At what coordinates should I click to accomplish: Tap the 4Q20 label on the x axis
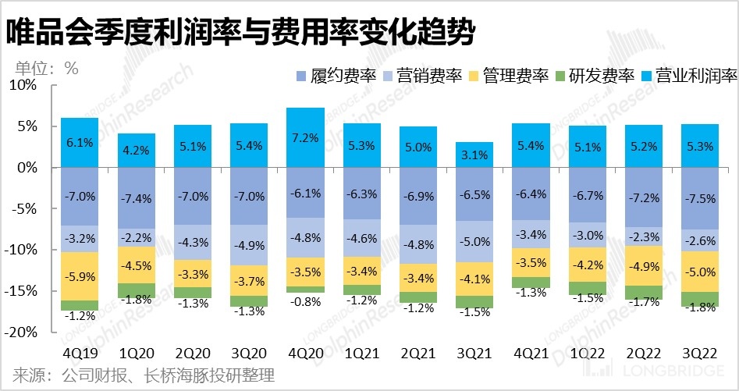(304, 351)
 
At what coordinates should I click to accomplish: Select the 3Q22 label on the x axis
(700, 351)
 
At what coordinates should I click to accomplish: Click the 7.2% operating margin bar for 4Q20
(305, 137)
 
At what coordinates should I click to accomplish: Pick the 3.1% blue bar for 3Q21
(474, 155)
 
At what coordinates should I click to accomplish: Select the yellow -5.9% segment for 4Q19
(80, 276)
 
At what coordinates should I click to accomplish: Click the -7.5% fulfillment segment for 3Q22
(700, 198)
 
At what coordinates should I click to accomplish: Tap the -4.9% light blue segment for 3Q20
(249, 245)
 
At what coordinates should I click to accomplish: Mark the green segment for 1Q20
(136, 290)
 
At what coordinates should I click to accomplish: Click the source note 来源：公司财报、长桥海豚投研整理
(144, 376)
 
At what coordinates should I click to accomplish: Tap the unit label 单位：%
(46, 68)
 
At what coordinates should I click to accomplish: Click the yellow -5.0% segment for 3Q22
(700, 272)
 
